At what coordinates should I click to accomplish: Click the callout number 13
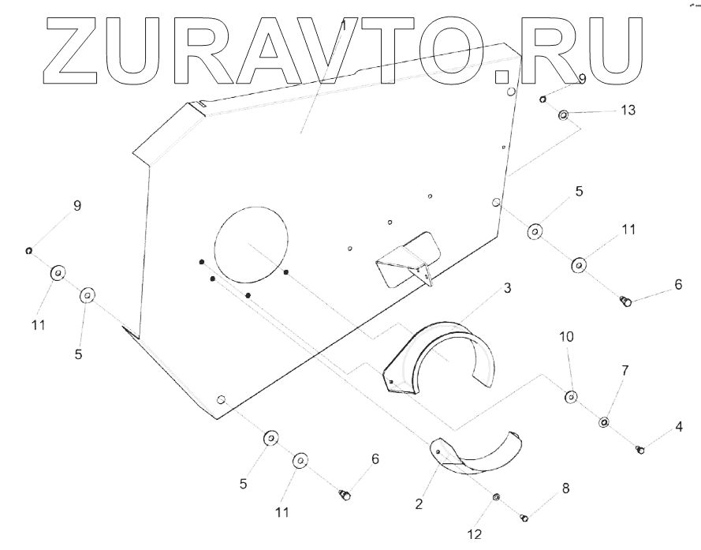click(x=628, y=110)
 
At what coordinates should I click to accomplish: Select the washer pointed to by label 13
click(x=564, y=115)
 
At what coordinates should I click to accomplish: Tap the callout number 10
click(x=568, y=337)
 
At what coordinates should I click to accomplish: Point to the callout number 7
click(x=625, y=370)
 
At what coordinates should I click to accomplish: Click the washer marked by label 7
click(x=603, y=422)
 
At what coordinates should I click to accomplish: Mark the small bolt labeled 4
click(x=640, y=450)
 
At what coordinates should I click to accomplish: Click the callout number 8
click(x=565, y=488)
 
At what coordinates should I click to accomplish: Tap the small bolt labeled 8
click(x=524, y=518)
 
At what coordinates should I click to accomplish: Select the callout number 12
click(x=473, y=534)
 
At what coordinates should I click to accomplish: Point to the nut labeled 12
click(x=496, y=497)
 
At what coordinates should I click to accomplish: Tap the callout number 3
click(x=508, y=289)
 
